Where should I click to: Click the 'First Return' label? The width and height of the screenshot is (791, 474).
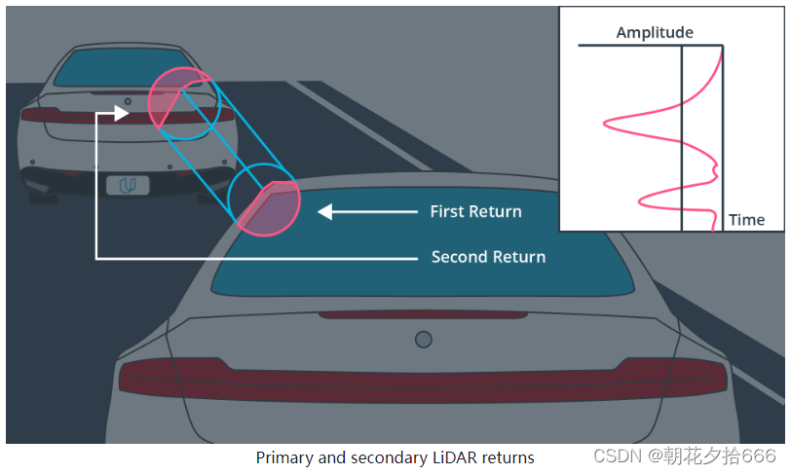click(475, 211)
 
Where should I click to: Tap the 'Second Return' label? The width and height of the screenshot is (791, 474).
click(488, 257)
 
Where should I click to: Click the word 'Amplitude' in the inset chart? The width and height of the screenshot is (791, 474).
click(655, 33)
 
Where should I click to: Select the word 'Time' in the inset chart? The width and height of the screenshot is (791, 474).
click(746, 220)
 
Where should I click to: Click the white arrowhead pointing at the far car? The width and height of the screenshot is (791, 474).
click(121, 113)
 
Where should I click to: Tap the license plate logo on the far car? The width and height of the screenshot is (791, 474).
click(127, 185)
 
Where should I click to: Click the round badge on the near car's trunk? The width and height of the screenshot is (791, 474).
click(423, 339)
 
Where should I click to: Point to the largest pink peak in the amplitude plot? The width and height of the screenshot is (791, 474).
click(608, 123)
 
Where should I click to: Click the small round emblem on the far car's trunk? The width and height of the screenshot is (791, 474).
click(126, 102)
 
